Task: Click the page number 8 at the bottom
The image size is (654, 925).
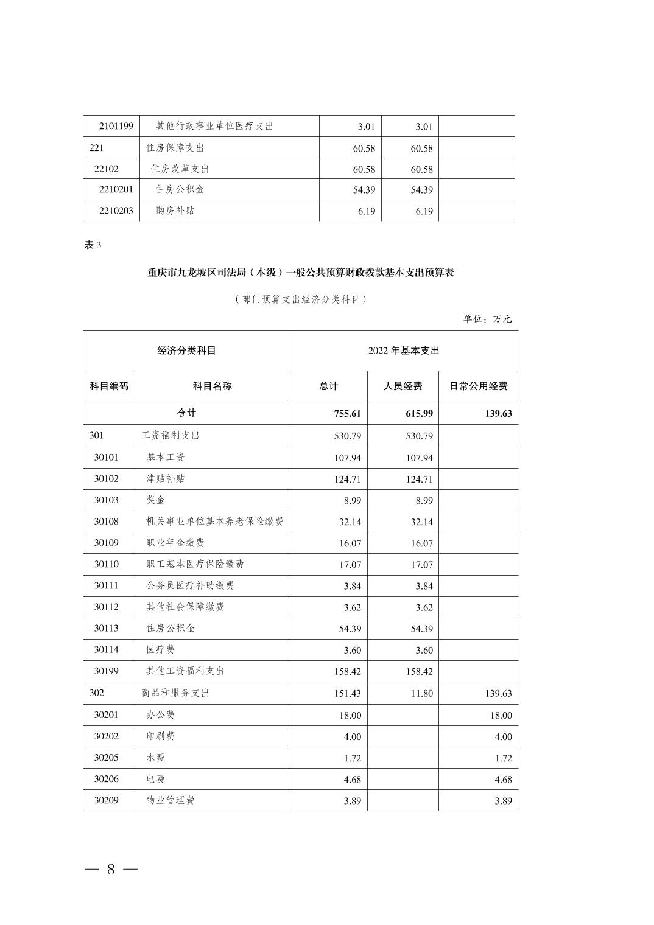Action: click(111, 869)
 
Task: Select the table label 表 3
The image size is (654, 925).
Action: click(93, 245)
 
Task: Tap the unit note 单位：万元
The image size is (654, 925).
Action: click(487, 319)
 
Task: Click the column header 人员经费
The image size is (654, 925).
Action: click(403, 386)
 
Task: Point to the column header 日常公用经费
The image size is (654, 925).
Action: click(478, 386)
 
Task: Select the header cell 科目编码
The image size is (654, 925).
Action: click(109, 386)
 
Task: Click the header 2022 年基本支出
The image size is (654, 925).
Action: click(403, 351)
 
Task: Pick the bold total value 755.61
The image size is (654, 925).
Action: click(347, 414)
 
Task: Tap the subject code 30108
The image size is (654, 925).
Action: click(106, 522)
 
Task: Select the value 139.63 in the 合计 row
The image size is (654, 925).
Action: click(498, 414)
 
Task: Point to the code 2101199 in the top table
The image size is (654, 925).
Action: click(116, 127)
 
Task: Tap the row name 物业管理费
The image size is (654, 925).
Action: click(170, 800)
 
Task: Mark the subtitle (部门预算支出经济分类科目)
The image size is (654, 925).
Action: click(301, 299)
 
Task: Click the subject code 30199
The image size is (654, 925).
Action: click(106, 671)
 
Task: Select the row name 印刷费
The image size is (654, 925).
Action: click(160, 736)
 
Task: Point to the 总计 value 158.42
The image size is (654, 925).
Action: click(347, 672)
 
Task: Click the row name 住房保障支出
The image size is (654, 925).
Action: click(175, 148)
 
